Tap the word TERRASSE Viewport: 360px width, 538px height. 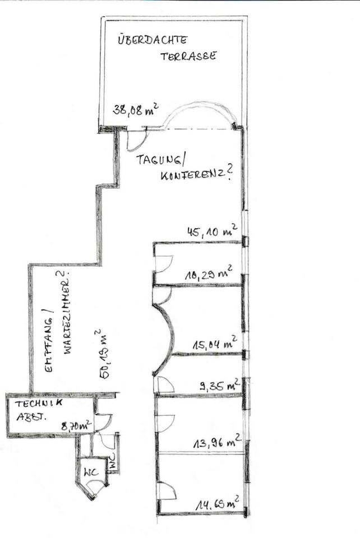tap(188, 57)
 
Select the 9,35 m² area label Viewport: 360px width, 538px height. tap(219, 385)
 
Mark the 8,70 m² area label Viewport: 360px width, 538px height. tap(76, 425)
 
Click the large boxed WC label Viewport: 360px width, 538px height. tap(91, 471)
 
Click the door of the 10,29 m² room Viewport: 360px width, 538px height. tap(163, 263)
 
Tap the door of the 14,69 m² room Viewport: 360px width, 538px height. tap(167, 491)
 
